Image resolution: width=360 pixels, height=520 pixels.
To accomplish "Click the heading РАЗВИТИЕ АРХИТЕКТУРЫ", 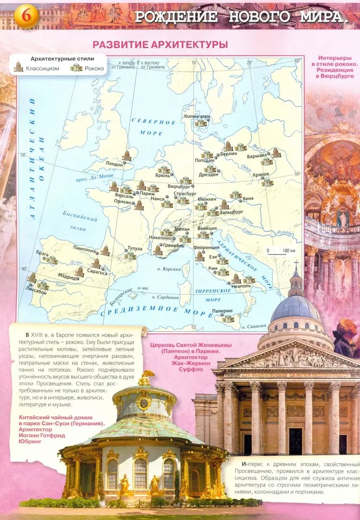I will [160, 44].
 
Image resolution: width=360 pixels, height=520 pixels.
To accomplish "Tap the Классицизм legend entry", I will [43, 68].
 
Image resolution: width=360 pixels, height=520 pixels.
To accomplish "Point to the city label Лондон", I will [114, 163].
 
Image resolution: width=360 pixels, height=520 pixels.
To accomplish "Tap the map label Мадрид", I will [67, 277].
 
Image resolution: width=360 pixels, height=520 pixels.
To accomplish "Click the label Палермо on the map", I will [222, 311].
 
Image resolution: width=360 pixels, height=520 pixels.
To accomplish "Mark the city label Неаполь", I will [241, 286].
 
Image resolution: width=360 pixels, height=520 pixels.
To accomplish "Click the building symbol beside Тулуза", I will [129, 255].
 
